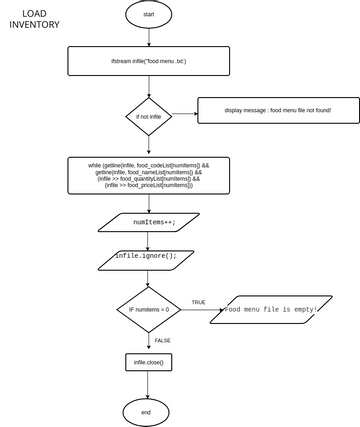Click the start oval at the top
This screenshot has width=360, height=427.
click(x=148, y=15)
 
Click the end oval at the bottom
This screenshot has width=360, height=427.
click(x=146, y=411)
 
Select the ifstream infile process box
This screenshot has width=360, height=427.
click(x=148, y=61)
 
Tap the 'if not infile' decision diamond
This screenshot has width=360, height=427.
click(x=148, y=116)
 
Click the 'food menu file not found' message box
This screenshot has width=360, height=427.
click(x=277, y=109)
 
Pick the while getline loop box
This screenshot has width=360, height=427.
click(x=148, y=175)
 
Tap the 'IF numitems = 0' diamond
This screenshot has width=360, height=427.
click(x=148, y=310)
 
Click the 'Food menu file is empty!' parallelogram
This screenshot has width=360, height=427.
click(x=270, y=309)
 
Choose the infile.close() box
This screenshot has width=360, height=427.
click(x=148, y=361)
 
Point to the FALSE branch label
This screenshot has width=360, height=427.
click(x=162, y=340)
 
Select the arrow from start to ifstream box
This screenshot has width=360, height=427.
click(x=148, y=37)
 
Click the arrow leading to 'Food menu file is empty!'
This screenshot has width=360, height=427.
click(x=200, y=310)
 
